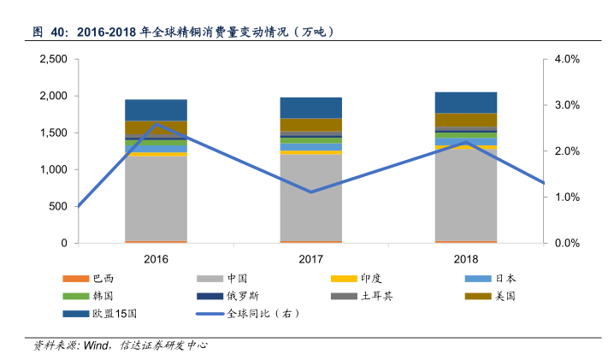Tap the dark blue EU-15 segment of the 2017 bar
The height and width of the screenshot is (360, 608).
click(x=310, y=107)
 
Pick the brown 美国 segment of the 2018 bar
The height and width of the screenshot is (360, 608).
click(x=465, y=120)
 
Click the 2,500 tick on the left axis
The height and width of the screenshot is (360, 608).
click(x=53, y=60)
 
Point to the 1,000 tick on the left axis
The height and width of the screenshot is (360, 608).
click(x=53, y=170)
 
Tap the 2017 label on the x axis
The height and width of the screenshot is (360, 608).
click(x=310, y=259)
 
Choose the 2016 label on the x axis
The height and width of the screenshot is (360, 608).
click(x=156, y=259)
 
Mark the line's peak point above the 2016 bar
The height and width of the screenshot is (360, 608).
click(x=156, y=124)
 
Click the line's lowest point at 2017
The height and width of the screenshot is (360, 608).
click(x=310, y=192)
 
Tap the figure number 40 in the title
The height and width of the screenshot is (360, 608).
click(x=59, y=32)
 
